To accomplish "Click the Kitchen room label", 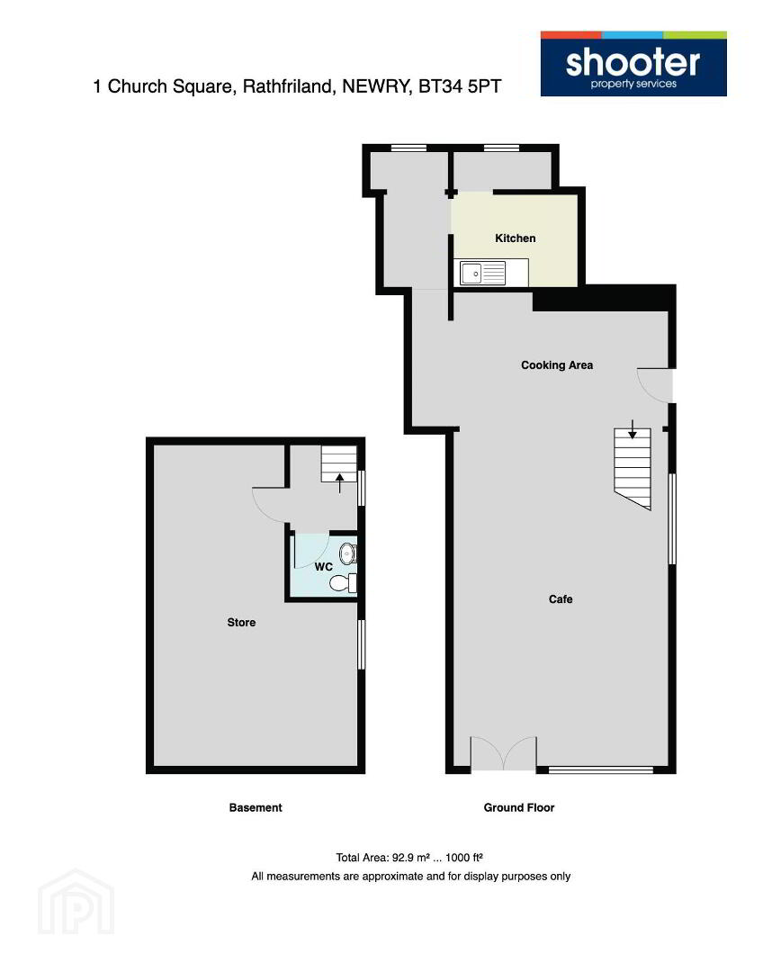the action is point(515,238).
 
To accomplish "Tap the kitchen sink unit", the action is point(483,273).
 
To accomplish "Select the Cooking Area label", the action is point(557,365).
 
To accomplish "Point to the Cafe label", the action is point(561,598).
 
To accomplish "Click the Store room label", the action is point(241,623).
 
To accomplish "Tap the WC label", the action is point(324,567).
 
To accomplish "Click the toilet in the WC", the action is point(343,583).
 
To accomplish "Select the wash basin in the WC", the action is point(347,553).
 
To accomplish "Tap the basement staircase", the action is point(339,463).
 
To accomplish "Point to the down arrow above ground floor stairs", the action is point(633,429).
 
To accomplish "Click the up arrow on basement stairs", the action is point(339,483).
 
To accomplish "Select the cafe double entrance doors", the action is point(503,753).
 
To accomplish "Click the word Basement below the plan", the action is point(256,807).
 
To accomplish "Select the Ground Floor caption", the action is point(519,807).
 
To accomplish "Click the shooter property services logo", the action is point(633,64).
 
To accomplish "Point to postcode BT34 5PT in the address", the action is point(460,86).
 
